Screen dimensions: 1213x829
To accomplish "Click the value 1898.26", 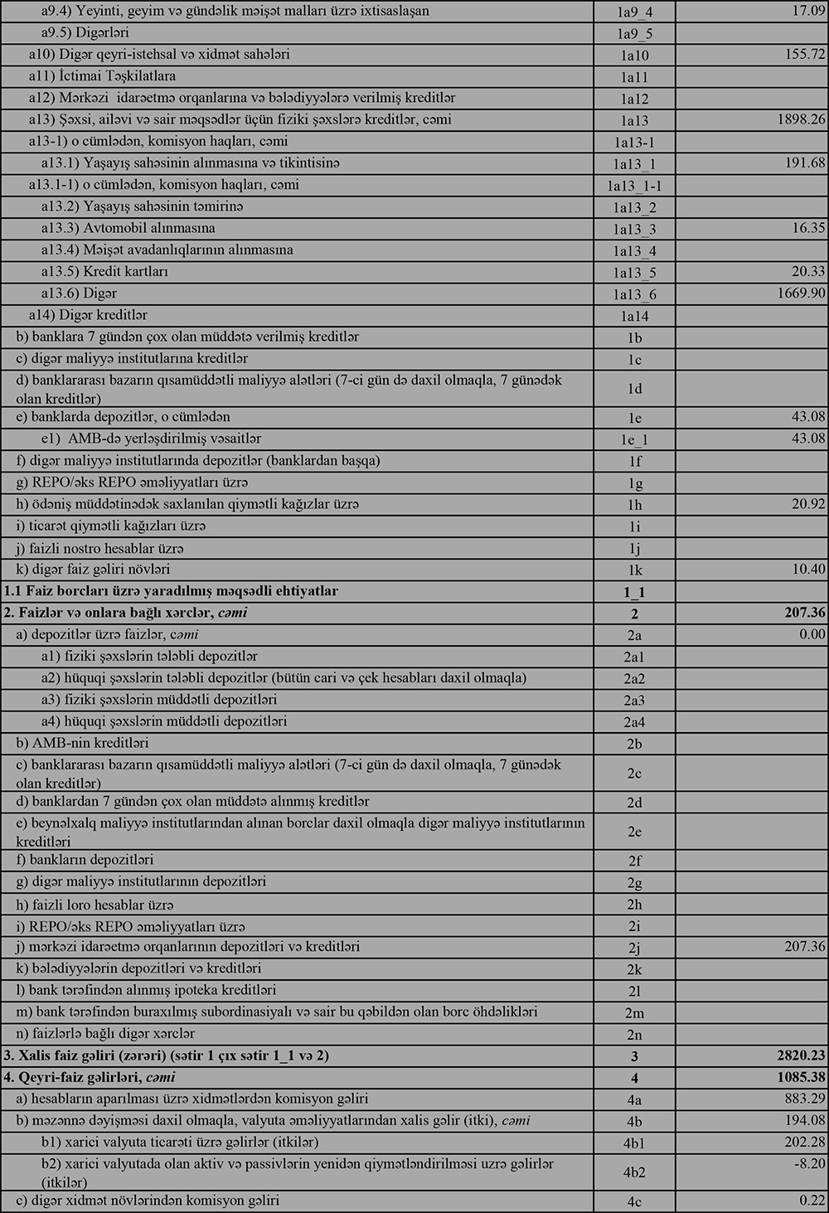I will pos(800,119).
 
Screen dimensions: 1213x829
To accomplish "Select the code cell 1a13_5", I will pos(634,273).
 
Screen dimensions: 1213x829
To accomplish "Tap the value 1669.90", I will pos(800,294).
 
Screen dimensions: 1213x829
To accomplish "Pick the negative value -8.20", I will pos(809,1164).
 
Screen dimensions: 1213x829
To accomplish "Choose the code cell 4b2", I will pos(634,1172).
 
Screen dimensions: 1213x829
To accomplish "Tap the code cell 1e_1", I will pos(634,440).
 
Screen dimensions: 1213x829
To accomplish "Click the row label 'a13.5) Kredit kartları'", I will pos(105,272).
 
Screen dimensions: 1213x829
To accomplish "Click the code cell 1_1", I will pos(634,592).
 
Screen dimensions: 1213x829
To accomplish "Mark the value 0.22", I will pos(812,1201).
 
